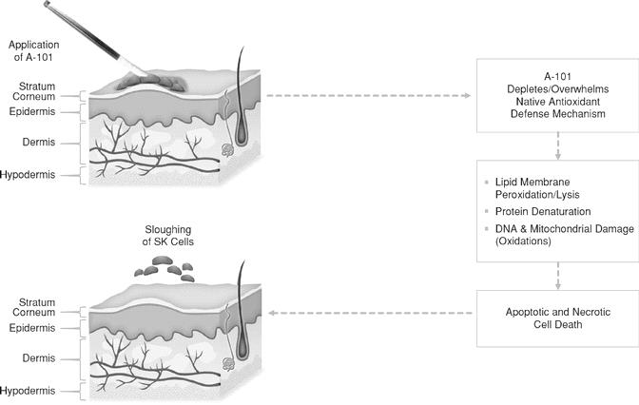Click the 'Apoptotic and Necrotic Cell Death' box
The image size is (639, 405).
pos(557,317)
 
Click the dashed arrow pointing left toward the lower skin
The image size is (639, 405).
pos(371,313)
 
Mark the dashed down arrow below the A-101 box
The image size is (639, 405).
pos(557,145)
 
